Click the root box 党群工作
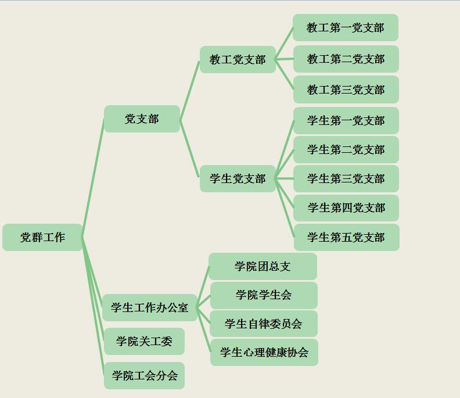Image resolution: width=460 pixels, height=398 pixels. tap(42, 237)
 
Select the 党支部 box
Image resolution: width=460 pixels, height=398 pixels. tap(142, 119)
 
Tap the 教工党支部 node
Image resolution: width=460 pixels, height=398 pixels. tap(238, 60)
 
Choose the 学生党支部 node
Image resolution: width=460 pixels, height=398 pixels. tap(238, 178)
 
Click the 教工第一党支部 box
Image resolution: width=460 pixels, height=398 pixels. tap(346, 27)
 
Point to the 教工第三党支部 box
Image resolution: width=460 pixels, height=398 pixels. tap(346, 89)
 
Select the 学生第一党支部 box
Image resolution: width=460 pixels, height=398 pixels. tap(346, 120)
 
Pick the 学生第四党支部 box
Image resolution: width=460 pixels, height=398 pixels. tap(346, 208)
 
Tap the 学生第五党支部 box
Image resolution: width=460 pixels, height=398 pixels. tap(347, 237)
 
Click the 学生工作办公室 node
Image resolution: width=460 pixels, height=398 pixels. tap(150, 307)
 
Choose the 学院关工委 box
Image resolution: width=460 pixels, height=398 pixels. tap(145, 342)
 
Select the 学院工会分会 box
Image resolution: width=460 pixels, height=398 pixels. tap(145, 375)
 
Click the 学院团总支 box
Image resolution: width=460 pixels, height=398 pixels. tap(263, 267)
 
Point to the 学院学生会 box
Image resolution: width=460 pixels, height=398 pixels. tap(264, 295)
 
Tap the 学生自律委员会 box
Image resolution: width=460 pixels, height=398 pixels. tap(264, 324)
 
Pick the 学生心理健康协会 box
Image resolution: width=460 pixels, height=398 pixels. tap(264, 352)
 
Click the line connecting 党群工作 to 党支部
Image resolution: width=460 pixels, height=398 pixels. tap(94, 178)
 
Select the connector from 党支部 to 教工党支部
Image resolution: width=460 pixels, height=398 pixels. tap(189, 90)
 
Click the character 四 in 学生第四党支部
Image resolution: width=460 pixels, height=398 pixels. tap(347, 208)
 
